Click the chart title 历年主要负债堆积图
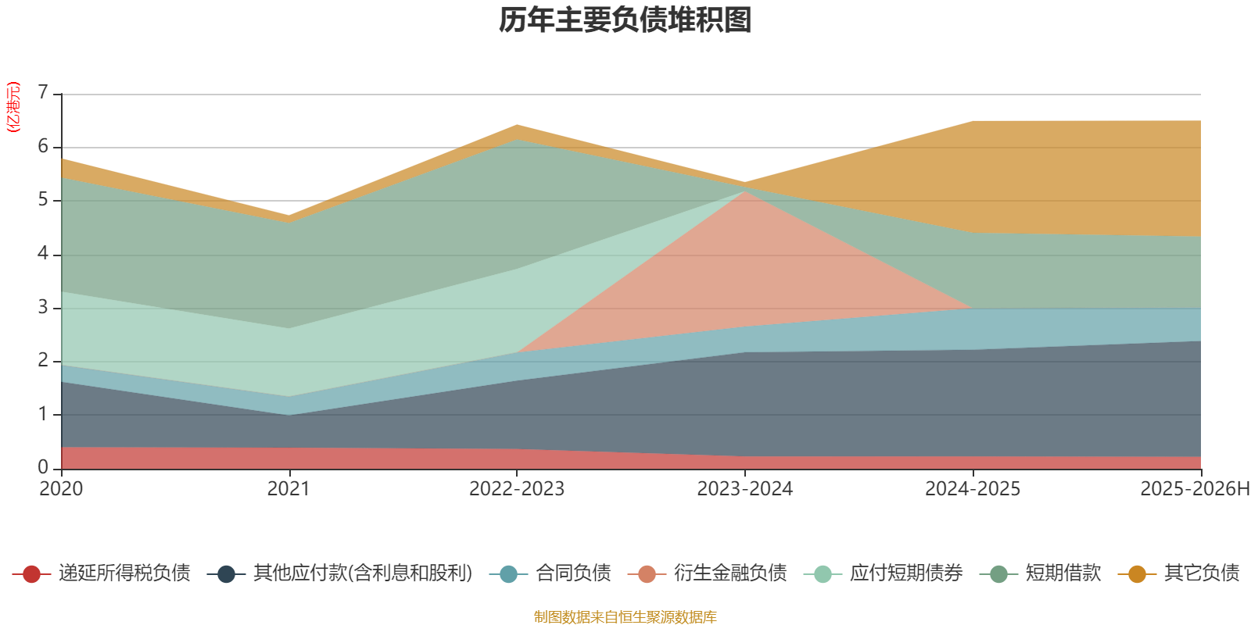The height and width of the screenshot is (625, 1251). (625, 20)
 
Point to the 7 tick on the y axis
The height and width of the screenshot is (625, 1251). (43, 93)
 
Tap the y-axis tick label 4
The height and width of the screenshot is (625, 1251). (43, 254)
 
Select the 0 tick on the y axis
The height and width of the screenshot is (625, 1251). (43, 467)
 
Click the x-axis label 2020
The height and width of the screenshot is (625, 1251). (61, 489)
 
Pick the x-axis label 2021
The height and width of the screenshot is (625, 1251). (289, 489)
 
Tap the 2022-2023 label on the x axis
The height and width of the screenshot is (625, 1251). (517, 489)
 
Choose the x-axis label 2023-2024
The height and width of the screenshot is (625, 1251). (745, 489)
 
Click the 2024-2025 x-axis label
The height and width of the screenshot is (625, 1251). (973, 489)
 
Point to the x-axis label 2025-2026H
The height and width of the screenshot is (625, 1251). (1195, 489)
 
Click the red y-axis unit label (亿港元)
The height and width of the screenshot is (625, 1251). (13, 107)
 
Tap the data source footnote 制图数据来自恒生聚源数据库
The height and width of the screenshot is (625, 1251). (625, 617)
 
